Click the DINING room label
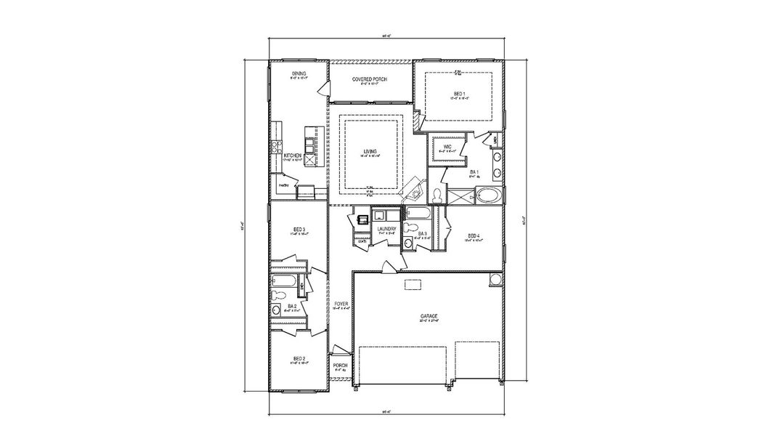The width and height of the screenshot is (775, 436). [299, 73]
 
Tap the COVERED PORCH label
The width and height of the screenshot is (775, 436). [370, 78]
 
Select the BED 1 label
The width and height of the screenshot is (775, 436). [458, 94]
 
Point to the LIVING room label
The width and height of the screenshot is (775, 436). [371, 151]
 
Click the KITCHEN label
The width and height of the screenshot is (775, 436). [293, 156]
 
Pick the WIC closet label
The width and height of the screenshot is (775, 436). [447, 147]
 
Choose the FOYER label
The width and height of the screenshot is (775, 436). [341, 303]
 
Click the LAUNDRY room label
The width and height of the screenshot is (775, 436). [386, 230]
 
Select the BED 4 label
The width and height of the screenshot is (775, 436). [474, 235]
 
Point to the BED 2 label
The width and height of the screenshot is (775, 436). [299, 359]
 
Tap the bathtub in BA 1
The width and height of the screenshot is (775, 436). [485, 195]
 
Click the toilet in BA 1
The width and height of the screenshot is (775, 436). [438, 196]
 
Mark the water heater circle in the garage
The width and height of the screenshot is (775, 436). [496, 280]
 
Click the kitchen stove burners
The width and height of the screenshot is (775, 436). [275, 148]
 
